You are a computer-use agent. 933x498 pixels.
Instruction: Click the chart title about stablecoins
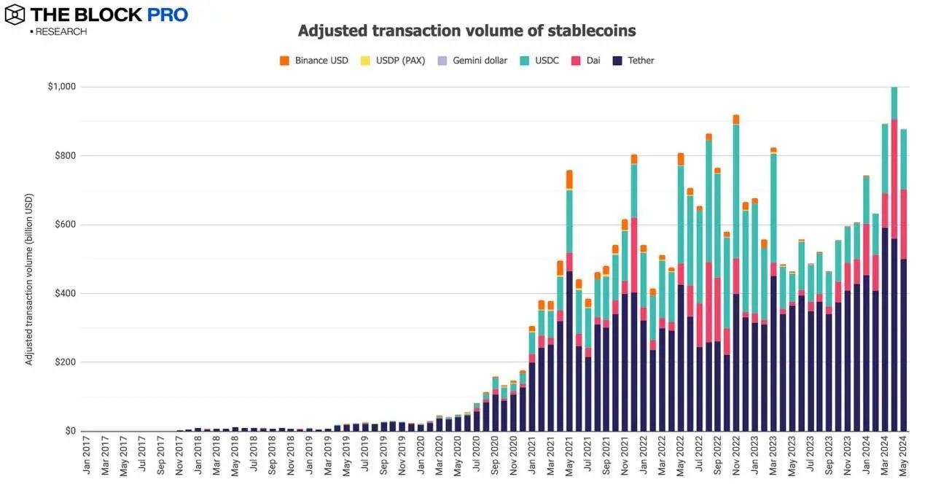click(x=466, y=31)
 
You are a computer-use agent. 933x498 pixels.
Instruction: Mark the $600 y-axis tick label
click(x=64, y=225)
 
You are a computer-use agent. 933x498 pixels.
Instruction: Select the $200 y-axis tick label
click(x=64, y=362)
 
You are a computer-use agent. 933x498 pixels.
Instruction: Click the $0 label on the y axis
click(x=69, y=431)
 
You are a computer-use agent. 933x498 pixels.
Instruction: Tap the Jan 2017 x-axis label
click(x=87, y=456)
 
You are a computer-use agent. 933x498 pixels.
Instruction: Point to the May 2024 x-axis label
click(x=904, y=456)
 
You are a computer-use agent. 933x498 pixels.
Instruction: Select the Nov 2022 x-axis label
click(x=736, y=456)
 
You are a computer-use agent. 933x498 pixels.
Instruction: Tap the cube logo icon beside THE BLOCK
click(x=15, y=15)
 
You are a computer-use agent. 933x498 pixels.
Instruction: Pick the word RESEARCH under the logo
click(x=60, y=32)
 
